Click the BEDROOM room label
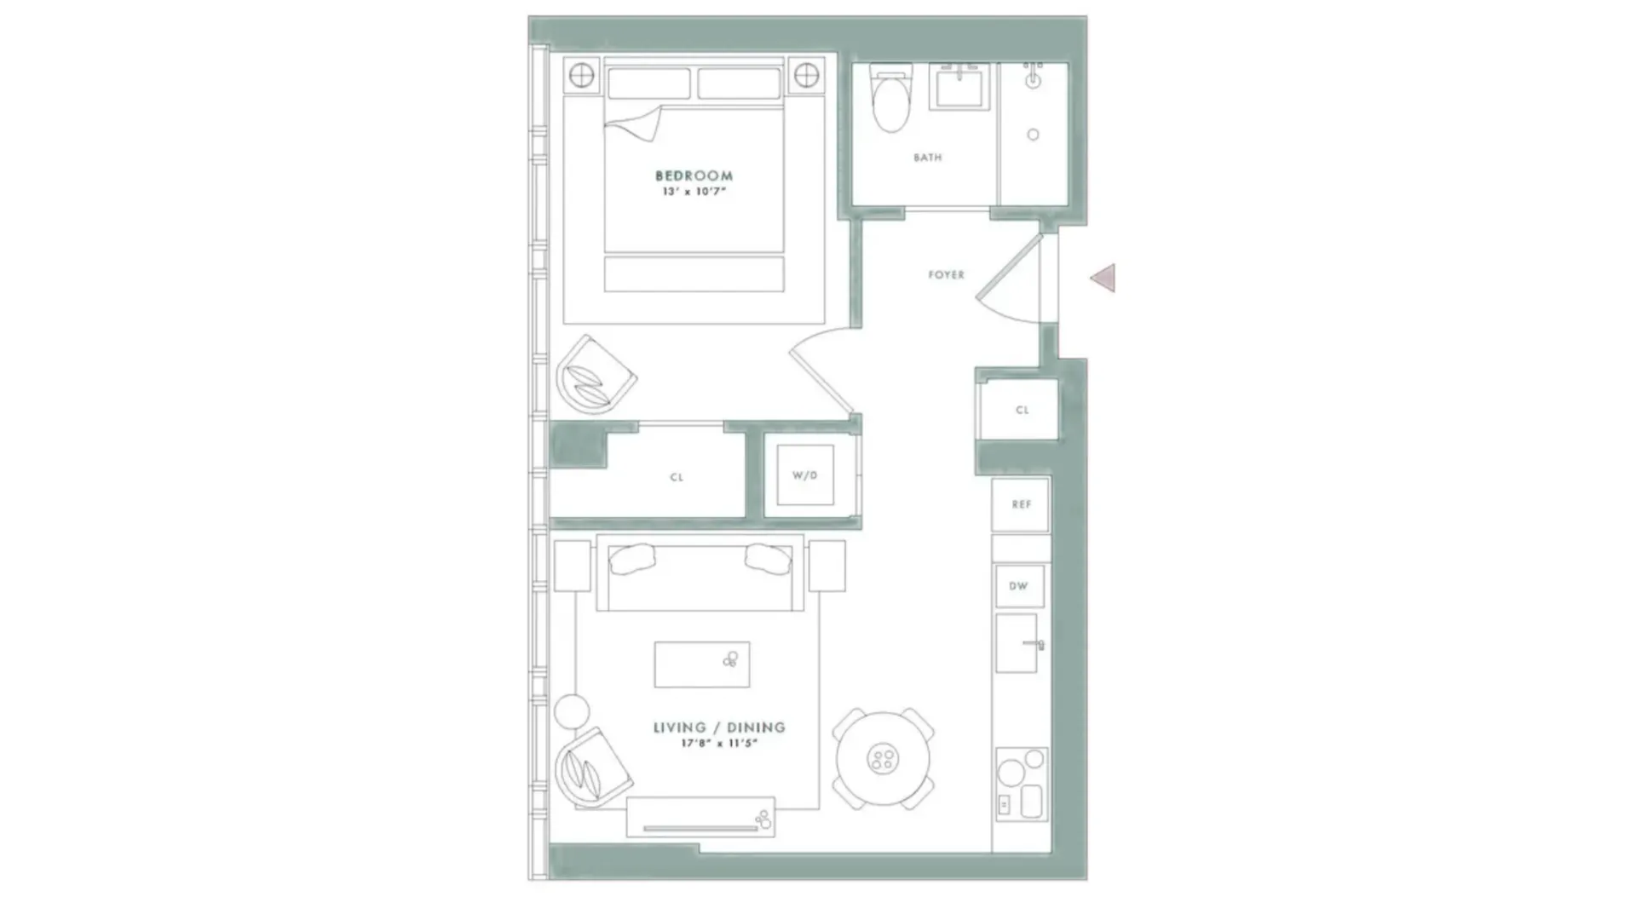694,175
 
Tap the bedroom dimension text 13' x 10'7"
694,192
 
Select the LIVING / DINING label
719,727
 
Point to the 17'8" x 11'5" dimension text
719,744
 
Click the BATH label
927,158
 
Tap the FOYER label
946,275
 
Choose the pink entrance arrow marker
1104,278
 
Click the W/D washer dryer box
804,475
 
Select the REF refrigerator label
1021,504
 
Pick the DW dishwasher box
1019,586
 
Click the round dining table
883,758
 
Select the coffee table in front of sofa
702,664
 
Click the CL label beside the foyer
1022,410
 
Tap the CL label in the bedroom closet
677,477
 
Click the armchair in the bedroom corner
595,377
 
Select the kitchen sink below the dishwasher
1017,643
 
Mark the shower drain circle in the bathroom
1033,135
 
